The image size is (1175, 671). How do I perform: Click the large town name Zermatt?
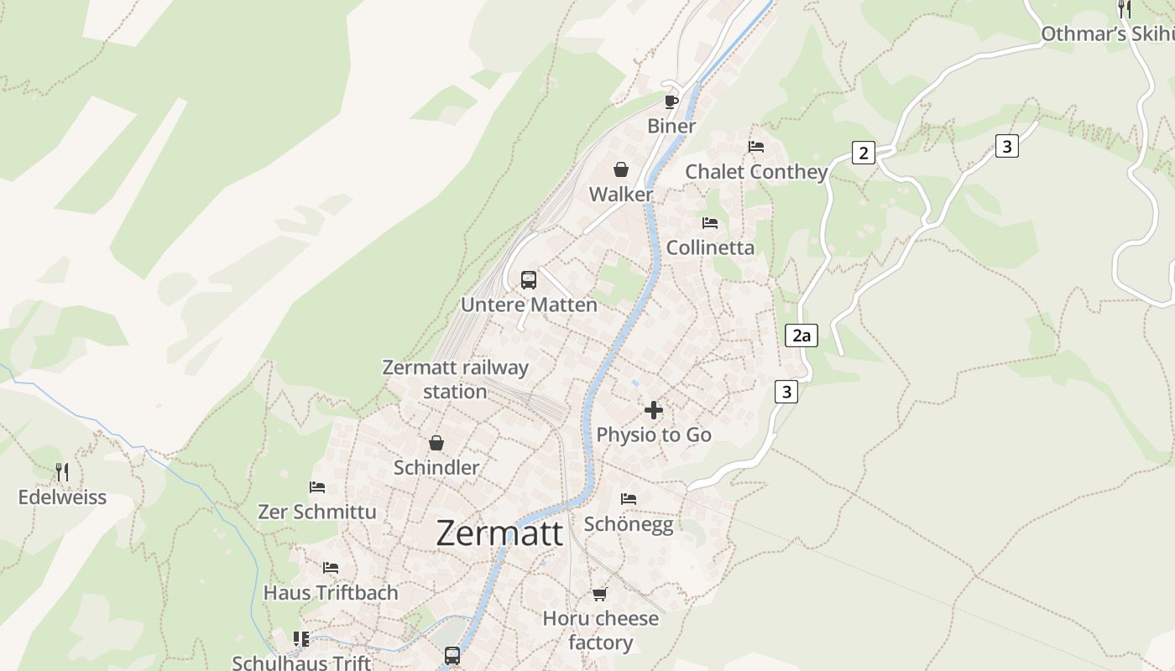[499, 533]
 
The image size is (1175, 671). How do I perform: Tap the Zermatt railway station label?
[455, 379]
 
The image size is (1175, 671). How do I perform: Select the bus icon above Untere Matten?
[528, 280]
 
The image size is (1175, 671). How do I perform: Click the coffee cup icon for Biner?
[671, 101]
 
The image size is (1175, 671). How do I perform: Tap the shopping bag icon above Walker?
[621, 169]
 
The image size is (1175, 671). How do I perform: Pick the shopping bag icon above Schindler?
[436, 443]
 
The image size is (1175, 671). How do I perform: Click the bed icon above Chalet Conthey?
[756, 147]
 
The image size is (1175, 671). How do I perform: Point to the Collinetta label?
[710, 247]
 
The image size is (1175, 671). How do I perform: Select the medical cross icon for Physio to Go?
[653, 410]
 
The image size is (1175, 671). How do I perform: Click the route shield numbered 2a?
[802, 335]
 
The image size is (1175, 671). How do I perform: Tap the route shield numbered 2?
[863, 153]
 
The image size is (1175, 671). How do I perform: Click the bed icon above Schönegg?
[628, 499]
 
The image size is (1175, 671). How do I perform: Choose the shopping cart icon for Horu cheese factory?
[599, 594]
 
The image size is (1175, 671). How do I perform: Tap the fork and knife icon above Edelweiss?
[62, 471]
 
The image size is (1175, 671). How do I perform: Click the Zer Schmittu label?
[317, 512]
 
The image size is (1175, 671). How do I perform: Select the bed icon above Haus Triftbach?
[331, 568]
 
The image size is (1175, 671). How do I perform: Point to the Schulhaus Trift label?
[301, 663]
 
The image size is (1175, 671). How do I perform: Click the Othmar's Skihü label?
[1107, 34]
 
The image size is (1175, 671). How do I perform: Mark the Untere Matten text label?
[529, 304]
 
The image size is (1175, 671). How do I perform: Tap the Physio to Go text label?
[654, 434]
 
